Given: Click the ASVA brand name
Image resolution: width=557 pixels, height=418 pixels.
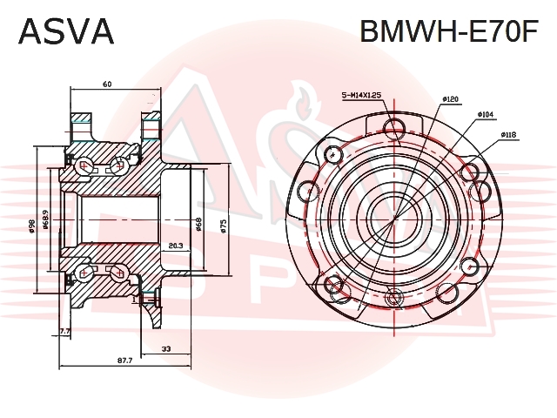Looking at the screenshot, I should (x=66, y=31).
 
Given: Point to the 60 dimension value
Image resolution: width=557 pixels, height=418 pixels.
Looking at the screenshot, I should (x=107, y=84).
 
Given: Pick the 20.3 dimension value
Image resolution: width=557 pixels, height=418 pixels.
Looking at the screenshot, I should (x=175, y=245).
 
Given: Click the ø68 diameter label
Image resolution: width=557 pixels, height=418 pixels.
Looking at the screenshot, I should (x=199, y=224).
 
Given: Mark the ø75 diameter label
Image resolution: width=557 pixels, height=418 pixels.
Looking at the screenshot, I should (x=224, y=224).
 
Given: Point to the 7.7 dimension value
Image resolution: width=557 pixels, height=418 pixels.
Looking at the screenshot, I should (x=64, y=331).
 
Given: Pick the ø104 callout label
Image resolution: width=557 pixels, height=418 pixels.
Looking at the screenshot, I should (x=487, y=114).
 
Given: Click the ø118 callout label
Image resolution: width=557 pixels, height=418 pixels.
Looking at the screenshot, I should (x=509, y=135).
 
